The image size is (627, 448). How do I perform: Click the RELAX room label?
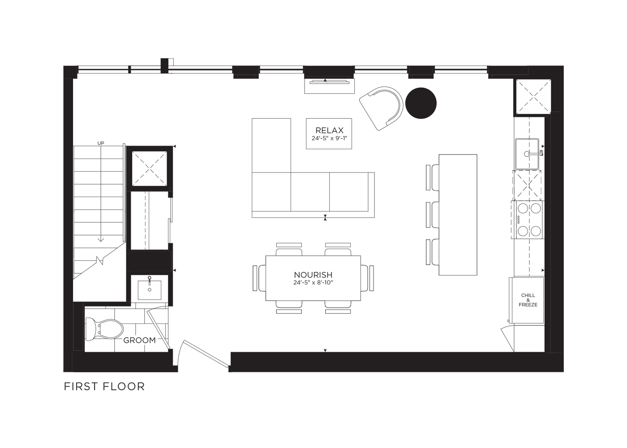(x=329, y=130)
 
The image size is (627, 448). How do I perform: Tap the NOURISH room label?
(x=313, y=275)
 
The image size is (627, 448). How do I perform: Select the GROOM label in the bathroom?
(x=139, y=340)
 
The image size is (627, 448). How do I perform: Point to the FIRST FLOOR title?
(x=104, y=387)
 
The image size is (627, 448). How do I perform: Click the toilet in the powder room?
(x=104, y=329)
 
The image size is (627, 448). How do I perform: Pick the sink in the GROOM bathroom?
(x=150, y=290)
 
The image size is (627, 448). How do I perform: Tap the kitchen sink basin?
(x=528, y=154)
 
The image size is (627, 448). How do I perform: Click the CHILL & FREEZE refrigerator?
(x=527, y=300)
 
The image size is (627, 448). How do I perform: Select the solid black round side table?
(x=421, y=103)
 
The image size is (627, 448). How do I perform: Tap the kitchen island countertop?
(x=458, y=215)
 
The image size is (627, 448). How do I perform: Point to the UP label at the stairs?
(x=101, y=143)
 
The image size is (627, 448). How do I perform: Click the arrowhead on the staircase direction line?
(x=101, y=240)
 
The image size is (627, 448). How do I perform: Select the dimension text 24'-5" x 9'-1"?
(x=329, y=138)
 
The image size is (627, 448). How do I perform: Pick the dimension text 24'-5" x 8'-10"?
(x=313, y=283)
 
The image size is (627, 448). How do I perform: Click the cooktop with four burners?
(x=528, y=220)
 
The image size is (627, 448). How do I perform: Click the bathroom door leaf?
(x=159, y=329)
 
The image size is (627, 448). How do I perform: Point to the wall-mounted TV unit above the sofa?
(x=330, y=86)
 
